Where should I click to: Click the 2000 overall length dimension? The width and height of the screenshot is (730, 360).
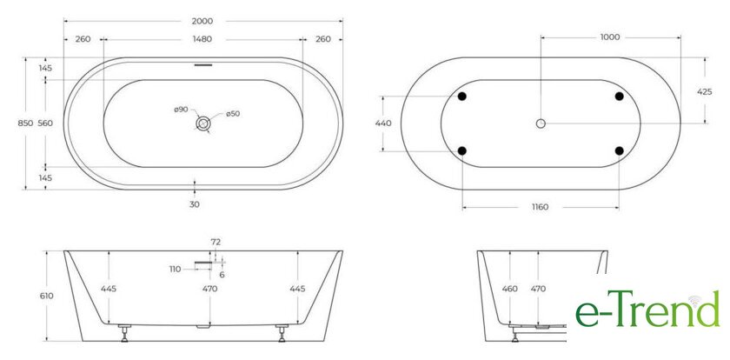[202, 21]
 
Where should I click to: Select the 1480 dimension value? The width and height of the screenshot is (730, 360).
[202, 39]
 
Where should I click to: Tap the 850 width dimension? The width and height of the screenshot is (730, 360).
[25, 123]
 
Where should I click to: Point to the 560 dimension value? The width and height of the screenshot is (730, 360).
[46, 123]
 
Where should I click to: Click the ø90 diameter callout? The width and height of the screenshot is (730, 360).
[181, 110]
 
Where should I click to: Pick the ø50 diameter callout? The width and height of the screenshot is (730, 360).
[233, 114]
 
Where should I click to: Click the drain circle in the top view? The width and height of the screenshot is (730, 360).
[203, 123]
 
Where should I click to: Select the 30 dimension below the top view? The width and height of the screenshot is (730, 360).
[195, 204]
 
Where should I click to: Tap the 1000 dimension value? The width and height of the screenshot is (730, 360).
[610, 37]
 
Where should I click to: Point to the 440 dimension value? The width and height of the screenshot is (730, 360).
[383, 123]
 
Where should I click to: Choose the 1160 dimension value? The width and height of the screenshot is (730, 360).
[541, 206]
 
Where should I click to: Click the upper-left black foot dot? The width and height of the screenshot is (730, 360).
[462, 96]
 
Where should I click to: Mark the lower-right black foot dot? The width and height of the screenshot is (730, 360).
[619, 150]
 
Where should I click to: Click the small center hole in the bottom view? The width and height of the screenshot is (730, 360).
[541, 123]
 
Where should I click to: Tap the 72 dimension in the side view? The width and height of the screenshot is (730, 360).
[216, 241]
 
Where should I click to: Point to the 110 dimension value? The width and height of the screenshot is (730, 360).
[175, 269]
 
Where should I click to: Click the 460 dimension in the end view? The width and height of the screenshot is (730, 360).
[510, 289]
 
